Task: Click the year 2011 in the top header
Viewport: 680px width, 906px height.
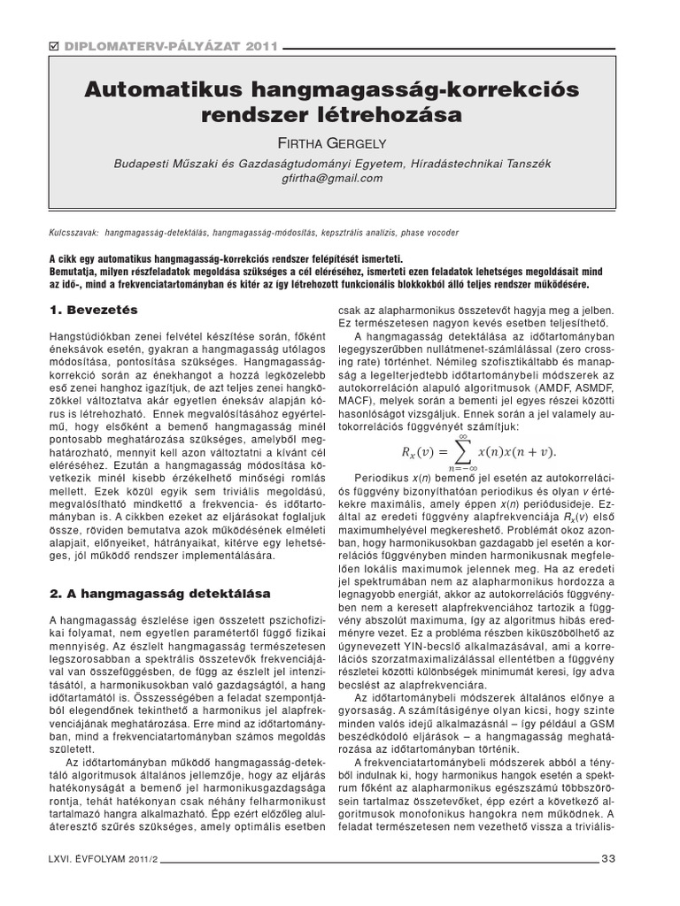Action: pyautogui.click(x=259, y=47)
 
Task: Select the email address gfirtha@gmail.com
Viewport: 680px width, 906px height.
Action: pyautogui.click(x=331, y=178)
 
